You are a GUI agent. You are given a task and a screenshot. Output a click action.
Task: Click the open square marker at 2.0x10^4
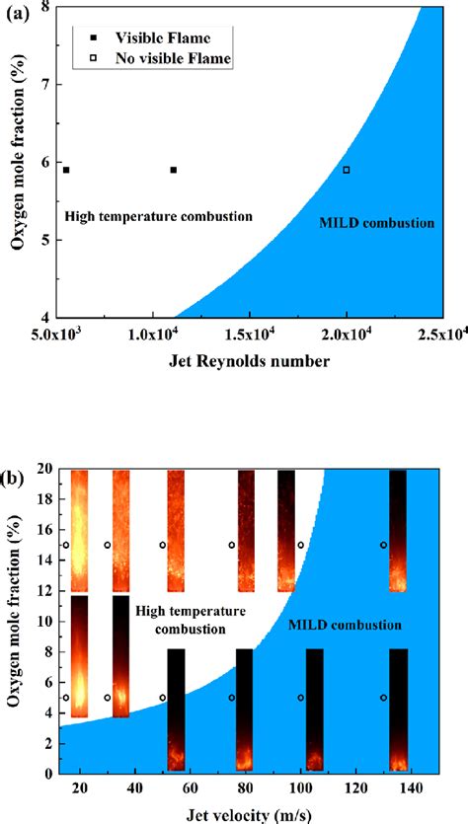click(346, 170)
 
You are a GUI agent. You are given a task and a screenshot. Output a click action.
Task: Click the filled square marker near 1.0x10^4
click(173, 170)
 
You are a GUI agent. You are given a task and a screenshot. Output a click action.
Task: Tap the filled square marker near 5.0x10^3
click(66, 170)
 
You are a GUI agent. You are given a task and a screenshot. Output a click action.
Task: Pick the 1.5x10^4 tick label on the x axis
click(250, 335)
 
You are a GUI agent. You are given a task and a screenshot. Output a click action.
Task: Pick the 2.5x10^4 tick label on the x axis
click(439, 335)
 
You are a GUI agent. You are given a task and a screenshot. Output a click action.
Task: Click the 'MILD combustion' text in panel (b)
click(345, 625)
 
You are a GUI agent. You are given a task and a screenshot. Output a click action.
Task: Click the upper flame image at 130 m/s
click(398, 531)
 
